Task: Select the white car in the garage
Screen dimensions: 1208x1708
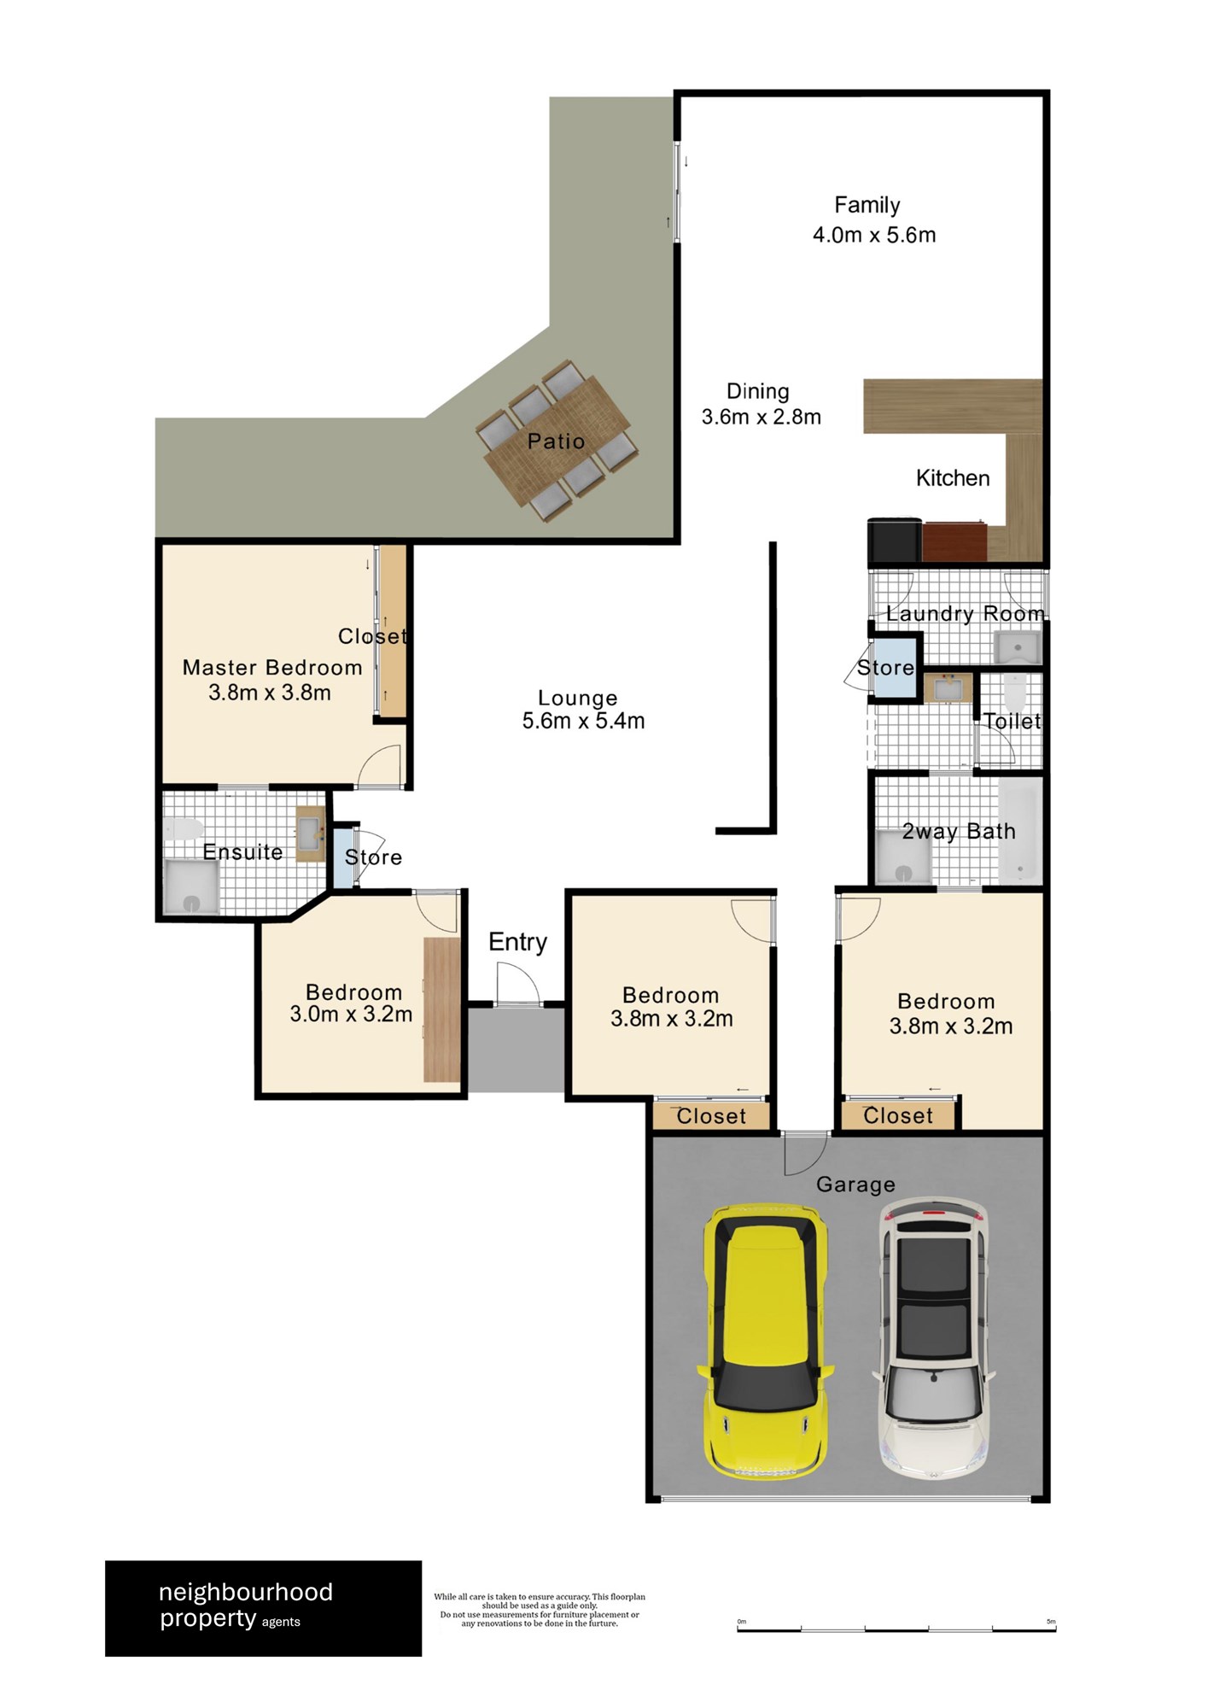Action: pyautogui.click(x=935, y=1337)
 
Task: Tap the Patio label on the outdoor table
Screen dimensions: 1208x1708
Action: pyautogui.click(x=556, y=442)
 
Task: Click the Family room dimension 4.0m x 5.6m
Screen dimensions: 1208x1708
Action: pyautogui.click(x=874, y=235)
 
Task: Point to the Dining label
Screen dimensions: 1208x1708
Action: pyautogui.click(x=757, y=391)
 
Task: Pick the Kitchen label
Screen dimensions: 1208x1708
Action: pyautogui.click(x=953, y=478)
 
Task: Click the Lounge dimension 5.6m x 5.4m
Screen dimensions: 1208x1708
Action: pyautogui.click(x=583, y=721)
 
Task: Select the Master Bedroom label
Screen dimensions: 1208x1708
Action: pyautogui.click(x=272, y=667)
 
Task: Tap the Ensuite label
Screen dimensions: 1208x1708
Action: pyautogui.click(x=242, y=851)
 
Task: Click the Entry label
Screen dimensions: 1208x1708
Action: pyautogui.click(x=517, y=942)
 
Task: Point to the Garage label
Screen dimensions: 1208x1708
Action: pyautogui.click(x=855, y=1184)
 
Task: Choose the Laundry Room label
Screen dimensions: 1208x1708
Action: pyautogui.click(x=965, y=613)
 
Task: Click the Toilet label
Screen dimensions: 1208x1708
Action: pyautogui.click(x=1013, y=722)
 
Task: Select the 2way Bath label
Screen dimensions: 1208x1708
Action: pyautogui.click(x=959, y=831)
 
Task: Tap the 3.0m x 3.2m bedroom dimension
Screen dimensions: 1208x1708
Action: pyautogui.click(x=351, y=1015)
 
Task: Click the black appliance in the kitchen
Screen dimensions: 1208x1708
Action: pyautogui.click(x=895, y=540)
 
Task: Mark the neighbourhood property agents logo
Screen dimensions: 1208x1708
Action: pyautogui.click(x=263, y=1609)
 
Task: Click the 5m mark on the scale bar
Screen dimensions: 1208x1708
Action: pyautogui.click(x=1051, y=1622)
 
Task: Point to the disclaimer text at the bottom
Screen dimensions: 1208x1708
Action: pyautogui.click(x=540, y=1610)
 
